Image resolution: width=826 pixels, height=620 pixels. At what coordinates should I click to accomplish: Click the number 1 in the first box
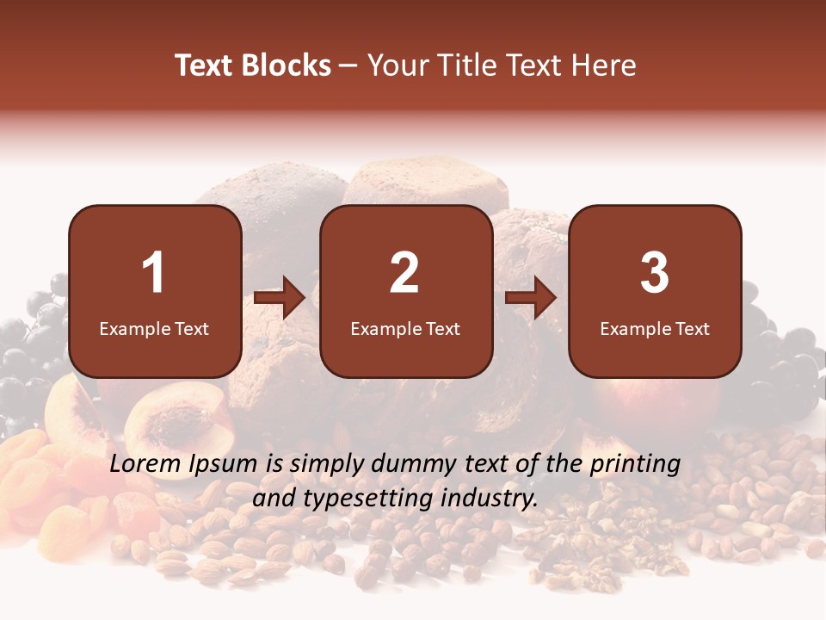coord(154,273)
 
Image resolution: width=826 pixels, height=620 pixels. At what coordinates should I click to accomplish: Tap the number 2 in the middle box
coord(404,273)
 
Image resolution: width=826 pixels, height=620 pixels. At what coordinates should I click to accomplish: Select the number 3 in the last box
coord(655,273)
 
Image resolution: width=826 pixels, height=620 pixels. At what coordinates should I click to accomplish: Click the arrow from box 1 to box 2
coord(280,298)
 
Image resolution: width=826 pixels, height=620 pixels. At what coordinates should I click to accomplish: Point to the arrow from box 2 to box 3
coord(531,298)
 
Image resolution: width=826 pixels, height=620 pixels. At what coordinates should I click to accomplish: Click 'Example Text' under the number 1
coord(154,329)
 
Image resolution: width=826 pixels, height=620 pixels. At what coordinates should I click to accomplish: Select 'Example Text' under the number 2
coord(405,329)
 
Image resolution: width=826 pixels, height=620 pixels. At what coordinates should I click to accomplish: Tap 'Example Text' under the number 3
coord(655,329)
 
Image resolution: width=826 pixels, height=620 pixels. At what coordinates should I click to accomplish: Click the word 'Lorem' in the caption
coord(142,464)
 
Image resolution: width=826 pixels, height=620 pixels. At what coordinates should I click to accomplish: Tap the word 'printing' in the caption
coord(635,465)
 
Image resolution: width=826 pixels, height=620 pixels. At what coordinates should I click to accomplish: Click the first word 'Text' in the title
coord(205,66)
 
